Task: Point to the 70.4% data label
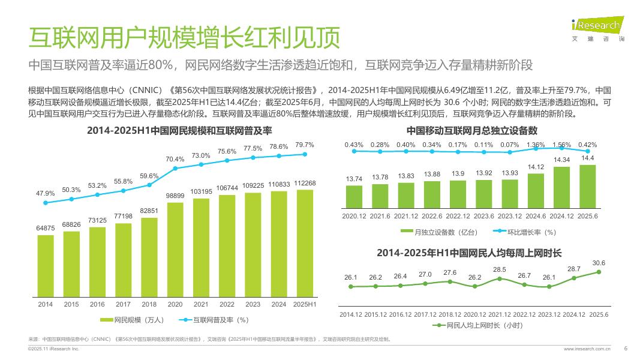(175, 159)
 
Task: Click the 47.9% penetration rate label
(46, 193)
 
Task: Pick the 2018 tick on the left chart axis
(149, 304)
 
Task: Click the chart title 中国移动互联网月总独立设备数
(471, 130)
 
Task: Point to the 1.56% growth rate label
(562, 145)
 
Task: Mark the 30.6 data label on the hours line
(599, 263)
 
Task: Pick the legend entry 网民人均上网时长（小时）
(477, 325)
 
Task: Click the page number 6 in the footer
(626, 348)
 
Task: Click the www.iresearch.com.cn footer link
(587, 348)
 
